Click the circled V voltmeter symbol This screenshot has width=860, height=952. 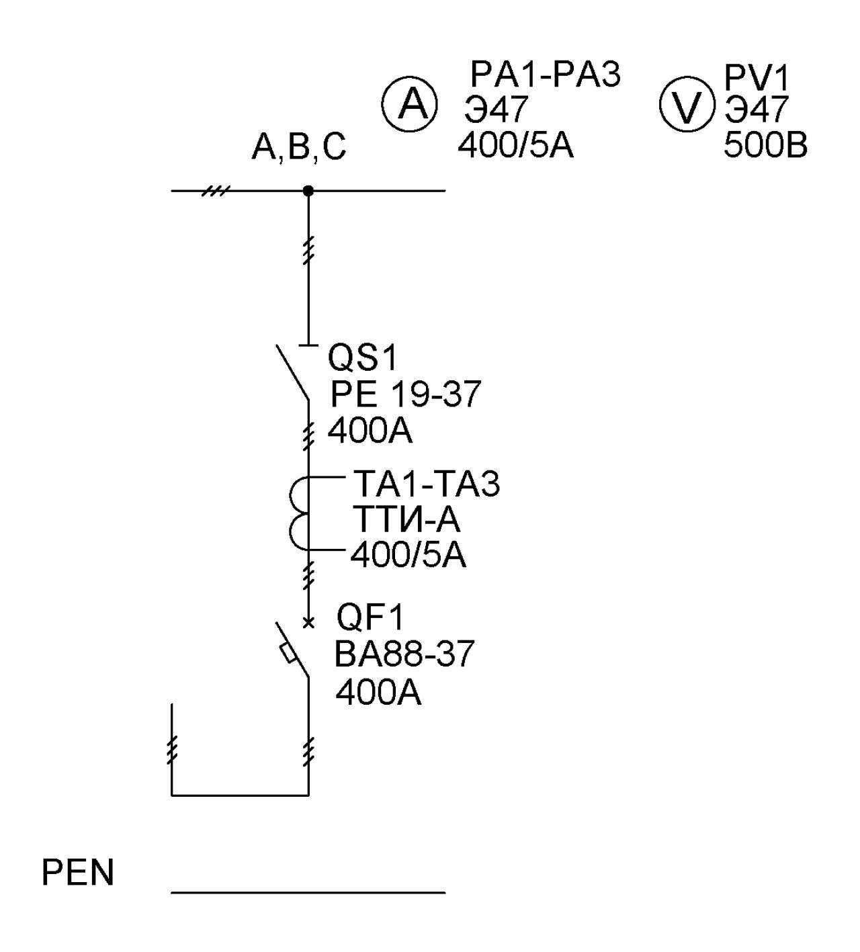pos(687,104)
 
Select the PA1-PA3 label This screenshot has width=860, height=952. pos(546,75)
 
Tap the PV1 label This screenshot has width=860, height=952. pos(757,78)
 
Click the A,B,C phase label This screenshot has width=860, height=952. pos(299,147)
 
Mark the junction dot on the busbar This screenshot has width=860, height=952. pos(308,191)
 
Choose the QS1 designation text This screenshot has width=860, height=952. pos(362,358)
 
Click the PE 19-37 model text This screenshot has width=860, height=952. pos(406,394)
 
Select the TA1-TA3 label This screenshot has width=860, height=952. pos(426,484)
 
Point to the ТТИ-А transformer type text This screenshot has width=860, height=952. pos(406,519)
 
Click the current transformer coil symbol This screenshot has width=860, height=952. pos(300,514)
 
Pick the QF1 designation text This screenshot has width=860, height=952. pos(370,617)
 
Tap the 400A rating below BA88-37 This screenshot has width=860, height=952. pos(378,693)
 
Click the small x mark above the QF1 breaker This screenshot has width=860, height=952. pos(308,623)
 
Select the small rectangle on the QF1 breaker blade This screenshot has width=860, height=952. pos(288,653)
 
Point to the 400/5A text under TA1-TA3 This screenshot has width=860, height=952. pos(408,555)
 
